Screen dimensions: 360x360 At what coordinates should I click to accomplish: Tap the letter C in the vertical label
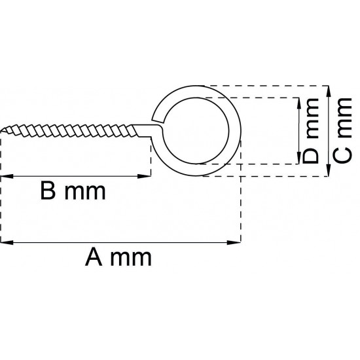click(x=341, y=157)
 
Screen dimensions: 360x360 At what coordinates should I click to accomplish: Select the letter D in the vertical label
click(x=312, y=156)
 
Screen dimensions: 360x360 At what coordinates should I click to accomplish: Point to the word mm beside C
click(x=341, y=118)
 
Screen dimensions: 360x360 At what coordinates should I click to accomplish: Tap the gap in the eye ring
click(x=158, y=120)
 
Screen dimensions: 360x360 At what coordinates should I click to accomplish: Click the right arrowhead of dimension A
click(x=237, y=243)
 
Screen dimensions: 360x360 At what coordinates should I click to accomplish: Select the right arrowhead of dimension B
click(x=147, y=175)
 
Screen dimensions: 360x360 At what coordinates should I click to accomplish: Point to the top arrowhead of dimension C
click(x=328, y=88)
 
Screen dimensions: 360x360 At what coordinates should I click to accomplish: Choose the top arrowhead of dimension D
click(x=298, y=102)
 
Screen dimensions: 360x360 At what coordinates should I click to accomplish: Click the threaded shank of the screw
click(x=72, y=128)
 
